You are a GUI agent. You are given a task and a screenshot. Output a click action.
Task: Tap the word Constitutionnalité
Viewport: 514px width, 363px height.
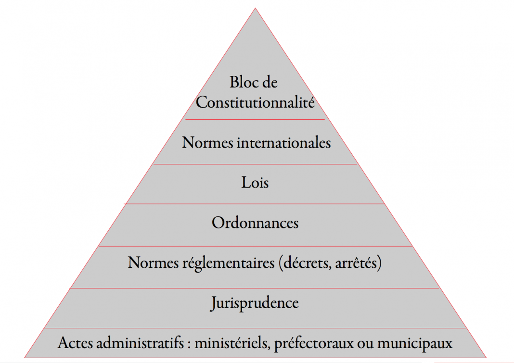coord(256,102)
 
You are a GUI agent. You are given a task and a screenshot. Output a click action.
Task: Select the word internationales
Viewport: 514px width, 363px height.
coord(284,142)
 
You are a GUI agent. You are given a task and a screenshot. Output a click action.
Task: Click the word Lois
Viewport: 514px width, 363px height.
coord(255,183)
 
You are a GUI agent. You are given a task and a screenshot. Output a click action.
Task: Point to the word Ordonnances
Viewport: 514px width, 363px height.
coord(255,223)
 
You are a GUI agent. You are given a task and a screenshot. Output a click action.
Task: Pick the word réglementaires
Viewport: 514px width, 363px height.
coord(229,263)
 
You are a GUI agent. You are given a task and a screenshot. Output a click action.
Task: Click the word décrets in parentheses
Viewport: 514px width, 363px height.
coord(305,263)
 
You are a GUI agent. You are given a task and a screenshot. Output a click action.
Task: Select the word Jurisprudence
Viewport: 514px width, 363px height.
coord(255,303)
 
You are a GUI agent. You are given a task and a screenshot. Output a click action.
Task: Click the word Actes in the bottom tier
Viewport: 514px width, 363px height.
coord(76,343)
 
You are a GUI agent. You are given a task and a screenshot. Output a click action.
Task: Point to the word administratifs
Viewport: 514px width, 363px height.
coord(140,343)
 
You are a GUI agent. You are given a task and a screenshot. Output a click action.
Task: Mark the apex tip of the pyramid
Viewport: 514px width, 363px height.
coord(256,8)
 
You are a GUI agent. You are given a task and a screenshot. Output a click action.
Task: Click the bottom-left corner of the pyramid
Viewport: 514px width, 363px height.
coord(25,357)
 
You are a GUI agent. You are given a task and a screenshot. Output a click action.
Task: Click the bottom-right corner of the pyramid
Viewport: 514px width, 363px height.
coord(486,357)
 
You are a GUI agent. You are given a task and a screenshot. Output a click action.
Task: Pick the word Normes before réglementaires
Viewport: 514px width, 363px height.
coord(154,263)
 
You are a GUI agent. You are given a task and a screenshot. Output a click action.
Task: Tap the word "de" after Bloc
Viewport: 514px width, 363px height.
coord(270,82)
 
